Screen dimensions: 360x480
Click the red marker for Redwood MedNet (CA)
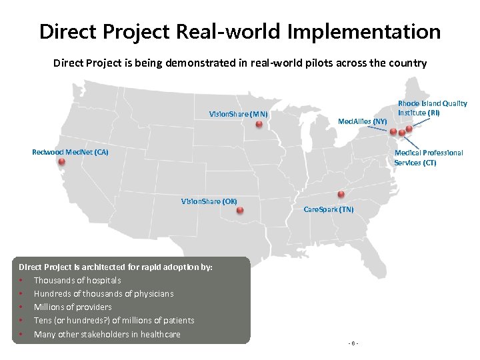click(61, 161)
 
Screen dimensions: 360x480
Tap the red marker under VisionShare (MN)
click(259, 124)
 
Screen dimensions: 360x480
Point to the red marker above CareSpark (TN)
click(341, 195)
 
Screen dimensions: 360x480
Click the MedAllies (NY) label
click(362, 121)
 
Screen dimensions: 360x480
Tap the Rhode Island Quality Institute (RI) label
click(432, 108)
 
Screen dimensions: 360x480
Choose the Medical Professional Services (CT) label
click(428, 157)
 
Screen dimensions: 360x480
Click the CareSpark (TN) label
click(329, 209)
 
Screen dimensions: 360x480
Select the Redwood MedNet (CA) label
click(70, 152)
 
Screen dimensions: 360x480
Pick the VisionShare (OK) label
click(209, 201)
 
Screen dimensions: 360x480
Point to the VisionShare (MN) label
click(238, 114)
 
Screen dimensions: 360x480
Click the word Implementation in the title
click(365, 31)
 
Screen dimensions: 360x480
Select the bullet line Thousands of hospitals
click(77, 280)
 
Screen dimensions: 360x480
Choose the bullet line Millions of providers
click(73, 307)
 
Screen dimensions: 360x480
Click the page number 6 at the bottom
click(353, 343)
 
